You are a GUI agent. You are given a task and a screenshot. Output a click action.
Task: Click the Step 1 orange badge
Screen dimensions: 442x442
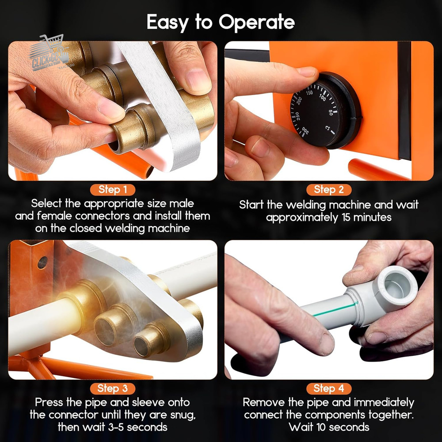coord(112,190)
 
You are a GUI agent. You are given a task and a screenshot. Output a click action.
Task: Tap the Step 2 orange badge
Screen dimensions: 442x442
coord(329,190)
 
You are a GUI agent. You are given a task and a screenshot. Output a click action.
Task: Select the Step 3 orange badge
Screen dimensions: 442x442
coord(112,389)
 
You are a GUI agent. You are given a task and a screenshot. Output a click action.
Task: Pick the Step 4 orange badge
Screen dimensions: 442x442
coord(329,389)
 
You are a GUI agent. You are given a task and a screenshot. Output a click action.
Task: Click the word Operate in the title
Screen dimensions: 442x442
coord(257,23)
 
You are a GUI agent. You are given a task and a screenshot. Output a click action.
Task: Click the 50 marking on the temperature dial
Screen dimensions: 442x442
coord(331,112)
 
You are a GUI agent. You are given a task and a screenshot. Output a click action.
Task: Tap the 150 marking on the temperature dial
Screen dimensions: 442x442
coord(309,92)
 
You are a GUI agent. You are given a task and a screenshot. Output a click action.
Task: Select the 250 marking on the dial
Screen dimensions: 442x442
coord(297,116)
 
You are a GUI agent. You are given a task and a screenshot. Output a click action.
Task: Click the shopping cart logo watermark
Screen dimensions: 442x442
coord(49,53)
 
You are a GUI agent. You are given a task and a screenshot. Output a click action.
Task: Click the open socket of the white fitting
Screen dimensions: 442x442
coord(396,286)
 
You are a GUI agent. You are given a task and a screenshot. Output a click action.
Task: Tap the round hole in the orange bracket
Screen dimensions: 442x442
coord(42,263)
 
